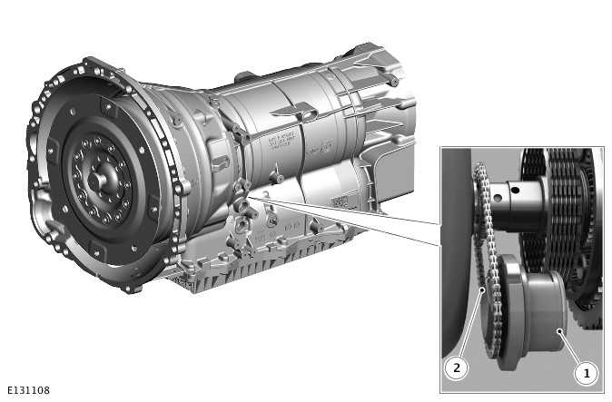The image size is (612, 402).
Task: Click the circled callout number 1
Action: coord(586,372)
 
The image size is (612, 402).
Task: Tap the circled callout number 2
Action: coord(456,368)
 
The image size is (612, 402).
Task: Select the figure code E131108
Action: coord(27,391)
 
